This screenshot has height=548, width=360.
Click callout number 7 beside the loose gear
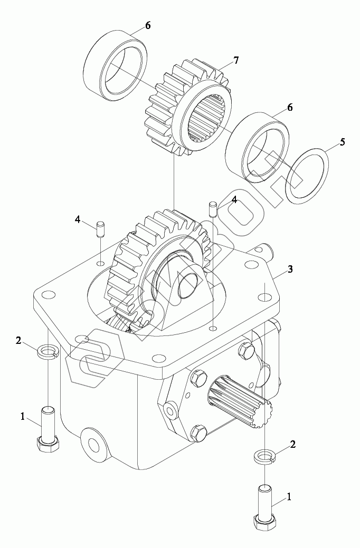pyautogui.click(x=235, y=60)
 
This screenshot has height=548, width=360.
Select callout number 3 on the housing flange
pyautogui.click(x=290, y=270)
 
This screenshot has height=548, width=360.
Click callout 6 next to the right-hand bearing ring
pyautogui.click(x=289, y=108)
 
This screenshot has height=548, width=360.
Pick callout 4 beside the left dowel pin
pyautogui.click(x=78, y=219)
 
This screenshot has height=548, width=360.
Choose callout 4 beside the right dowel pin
pyautogui.click(x=234, y=200)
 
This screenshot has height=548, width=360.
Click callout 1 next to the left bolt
pyautogui.click(x=23, y=416)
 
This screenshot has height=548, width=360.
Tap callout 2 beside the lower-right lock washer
pyautogui.click(x=292, y=445)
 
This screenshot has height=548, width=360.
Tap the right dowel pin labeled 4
pyautogui.click(x=213, y=208)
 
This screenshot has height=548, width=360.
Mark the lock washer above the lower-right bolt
pyautogui.click(x=263, y=456)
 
